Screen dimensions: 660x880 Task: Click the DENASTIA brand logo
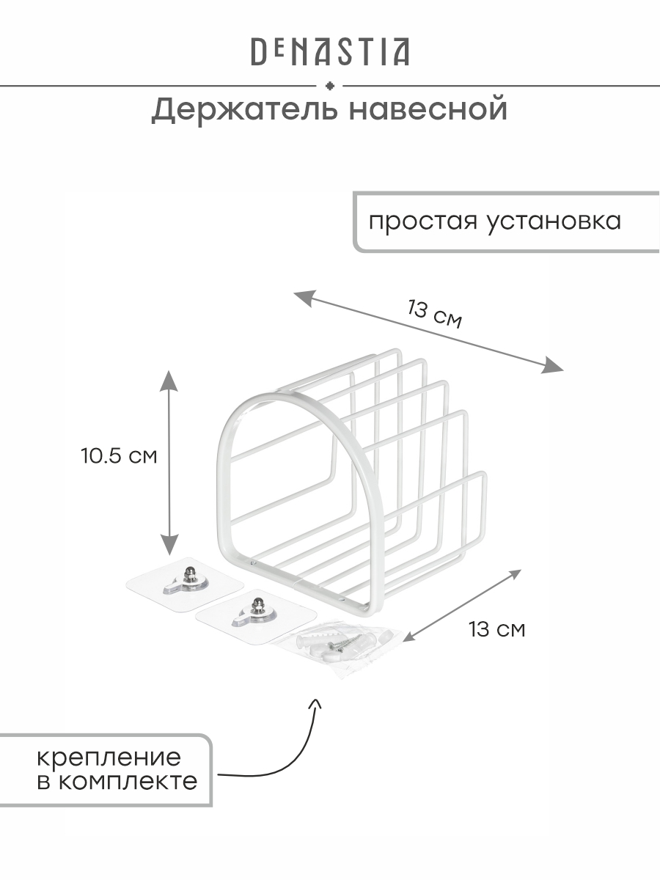click(x=330, y=52)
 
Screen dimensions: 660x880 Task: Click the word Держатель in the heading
click(x=244, y=110)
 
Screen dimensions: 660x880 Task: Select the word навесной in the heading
click(x=428, y=109)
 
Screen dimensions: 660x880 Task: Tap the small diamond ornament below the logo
click(x=329, y=86)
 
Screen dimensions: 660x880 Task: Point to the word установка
click(x=554, y=221)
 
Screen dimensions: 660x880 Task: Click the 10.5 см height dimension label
click(x=119, y=456)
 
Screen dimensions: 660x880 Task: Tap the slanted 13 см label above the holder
click(x=435, y=314)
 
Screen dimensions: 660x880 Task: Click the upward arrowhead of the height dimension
click(x=169, y=381)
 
